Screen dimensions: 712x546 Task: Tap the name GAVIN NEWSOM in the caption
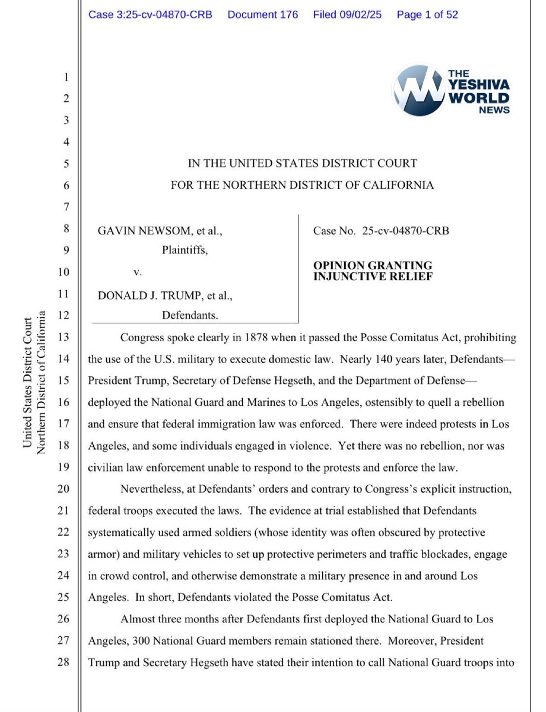145,231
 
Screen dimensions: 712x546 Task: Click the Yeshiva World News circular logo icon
418,90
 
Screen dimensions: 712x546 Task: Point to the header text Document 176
263,15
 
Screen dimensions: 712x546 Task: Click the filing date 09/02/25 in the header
360,15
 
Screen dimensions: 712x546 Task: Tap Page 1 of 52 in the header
427,15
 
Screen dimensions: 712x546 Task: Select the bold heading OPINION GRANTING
372,265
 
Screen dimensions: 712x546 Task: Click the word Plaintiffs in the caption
184,250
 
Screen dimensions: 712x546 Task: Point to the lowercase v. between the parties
138,272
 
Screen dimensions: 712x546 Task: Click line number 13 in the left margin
64,337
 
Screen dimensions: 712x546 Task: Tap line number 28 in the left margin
64,662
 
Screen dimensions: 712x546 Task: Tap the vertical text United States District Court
28,382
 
